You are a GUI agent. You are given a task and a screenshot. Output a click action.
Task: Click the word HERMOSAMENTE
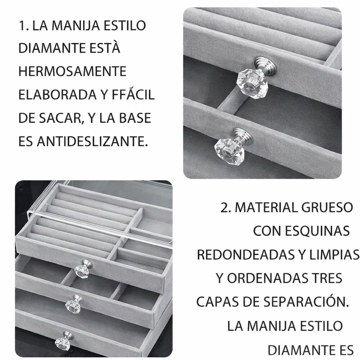coord(72,71)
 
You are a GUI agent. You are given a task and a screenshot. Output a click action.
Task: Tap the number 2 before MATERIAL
coord(225,208)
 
